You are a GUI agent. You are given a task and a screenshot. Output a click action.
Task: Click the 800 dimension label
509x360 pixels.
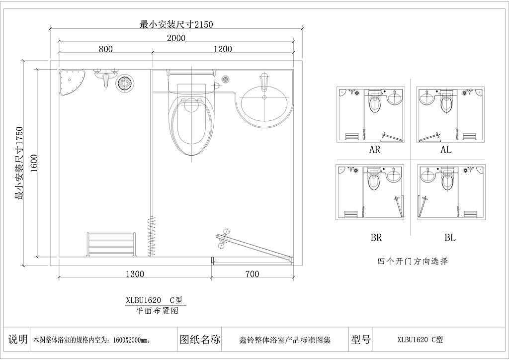[105, 49]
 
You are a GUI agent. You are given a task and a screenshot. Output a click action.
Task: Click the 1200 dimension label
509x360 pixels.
[223, 49]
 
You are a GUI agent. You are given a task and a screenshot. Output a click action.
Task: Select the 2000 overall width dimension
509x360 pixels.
[176, 38]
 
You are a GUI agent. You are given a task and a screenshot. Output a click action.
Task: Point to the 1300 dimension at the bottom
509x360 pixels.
[135, 274]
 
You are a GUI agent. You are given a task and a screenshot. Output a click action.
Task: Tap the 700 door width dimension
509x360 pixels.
[252, 274]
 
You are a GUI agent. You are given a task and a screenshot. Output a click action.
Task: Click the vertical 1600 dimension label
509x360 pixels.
[34, 163]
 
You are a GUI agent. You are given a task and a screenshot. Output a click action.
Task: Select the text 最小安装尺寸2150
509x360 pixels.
[176, 25]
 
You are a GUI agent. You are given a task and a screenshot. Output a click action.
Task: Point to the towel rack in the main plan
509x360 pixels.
[111, 245]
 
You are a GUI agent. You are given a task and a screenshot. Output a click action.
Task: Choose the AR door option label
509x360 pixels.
[374, 149]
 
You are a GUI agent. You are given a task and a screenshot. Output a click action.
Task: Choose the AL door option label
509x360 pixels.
[446, 149]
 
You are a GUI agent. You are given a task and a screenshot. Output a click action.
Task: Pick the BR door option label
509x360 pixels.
[376, 238]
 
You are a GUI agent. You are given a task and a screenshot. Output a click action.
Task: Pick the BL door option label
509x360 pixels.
[450, 238]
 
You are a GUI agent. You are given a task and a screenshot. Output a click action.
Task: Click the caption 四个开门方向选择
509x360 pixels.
[413, 261]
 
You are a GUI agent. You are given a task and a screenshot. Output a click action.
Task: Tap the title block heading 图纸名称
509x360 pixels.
[200, 340]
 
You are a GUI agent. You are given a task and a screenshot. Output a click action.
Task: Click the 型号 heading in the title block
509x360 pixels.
[361, 340]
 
